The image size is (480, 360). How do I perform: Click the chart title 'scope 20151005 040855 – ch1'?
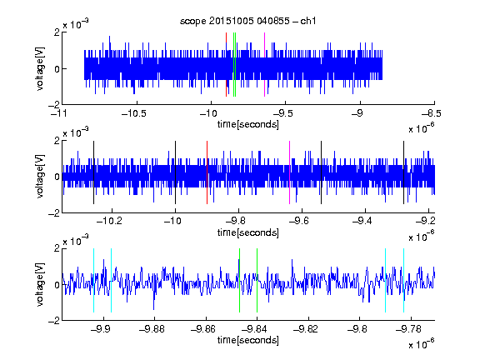pos(247,21)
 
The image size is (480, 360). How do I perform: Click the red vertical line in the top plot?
pos(226,65)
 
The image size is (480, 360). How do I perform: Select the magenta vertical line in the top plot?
pos(264,65)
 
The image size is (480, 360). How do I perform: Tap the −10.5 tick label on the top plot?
pos(134,113)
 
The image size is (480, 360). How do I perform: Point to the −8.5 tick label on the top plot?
pos(432,113)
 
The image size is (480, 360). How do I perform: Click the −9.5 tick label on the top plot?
pos(282,113)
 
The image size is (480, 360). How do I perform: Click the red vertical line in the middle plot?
pos(207,172)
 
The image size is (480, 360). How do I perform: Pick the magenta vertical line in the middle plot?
pos(290,172)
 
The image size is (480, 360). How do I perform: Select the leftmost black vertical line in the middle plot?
pos(93,172)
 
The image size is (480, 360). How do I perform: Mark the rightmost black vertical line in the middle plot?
pos(403,172)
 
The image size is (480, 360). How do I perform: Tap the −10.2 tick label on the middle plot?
pos(109,221)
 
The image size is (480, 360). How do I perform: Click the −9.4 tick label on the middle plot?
pos(362,221)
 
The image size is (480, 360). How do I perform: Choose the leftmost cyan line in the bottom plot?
pos(93,280)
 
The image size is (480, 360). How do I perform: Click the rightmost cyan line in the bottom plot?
pos(403,280)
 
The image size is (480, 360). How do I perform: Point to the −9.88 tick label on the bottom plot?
pos(152,329)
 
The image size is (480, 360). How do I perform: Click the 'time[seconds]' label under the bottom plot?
pos(248,340)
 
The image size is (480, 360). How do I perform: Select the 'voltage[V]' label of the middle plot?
pos(40,177)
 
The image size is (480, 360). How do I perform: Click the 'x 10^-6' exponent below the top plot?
pos(422,128)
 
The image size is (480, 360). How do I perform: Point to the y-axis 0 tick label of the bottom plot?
pos(57,285)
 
